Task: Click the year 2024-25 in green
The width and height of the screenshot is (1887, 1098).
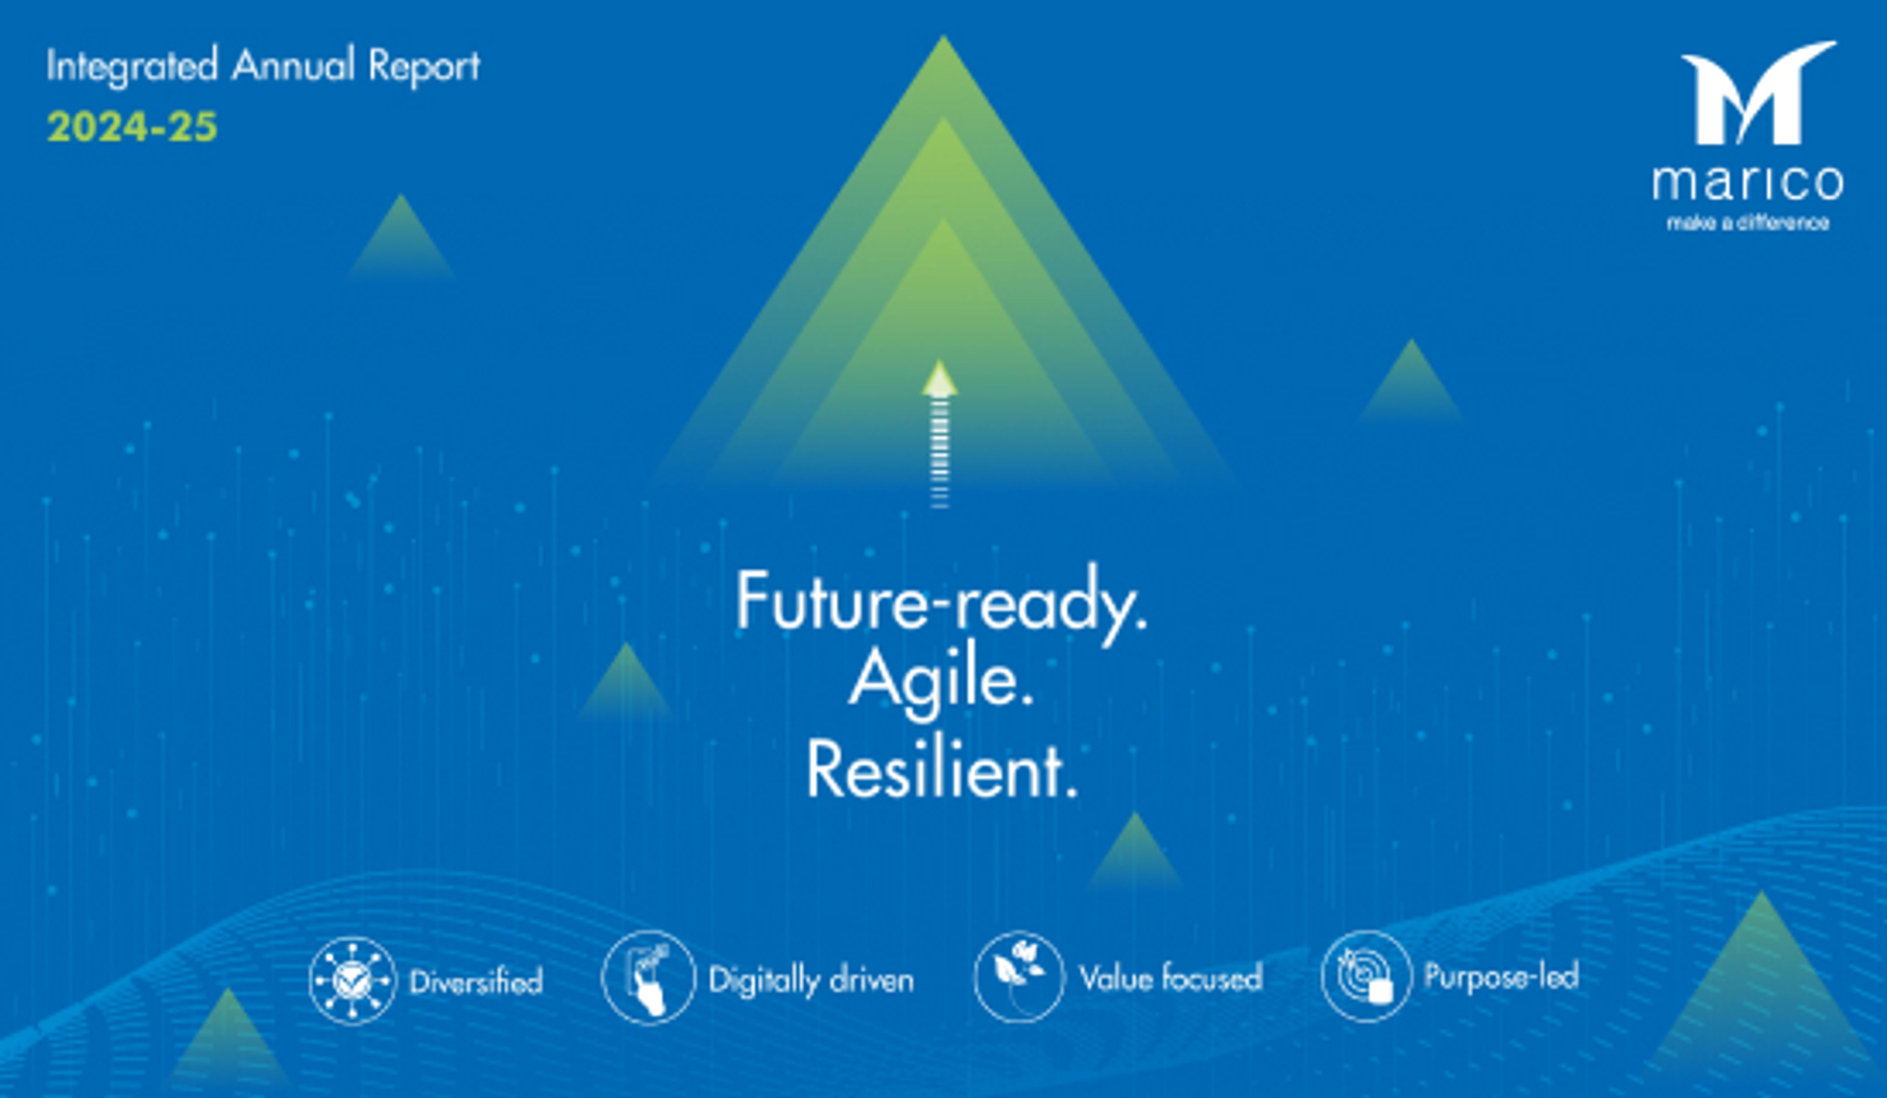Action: (132, 127)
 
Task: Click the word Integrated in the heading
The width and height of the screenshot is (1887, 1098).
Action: (132, 66)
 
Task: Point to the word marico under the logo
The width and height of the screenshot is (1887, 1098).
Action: (1748, 183)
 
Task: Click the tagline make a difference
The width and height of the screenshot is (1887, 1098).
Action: (1748, 223)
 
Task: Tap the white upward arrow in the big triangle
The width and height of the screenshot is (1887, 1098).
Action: (939, 434)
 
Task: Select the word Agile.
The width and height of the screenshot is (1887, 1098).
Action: (941, 683)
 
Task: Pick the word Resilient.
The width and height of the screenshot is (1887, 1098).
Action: (941, 771)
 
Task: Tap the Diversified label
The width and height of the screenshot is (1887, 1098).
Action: (476, 981)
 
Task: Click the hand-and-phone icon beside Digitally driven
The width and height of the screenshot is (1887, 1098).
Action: (649, 978)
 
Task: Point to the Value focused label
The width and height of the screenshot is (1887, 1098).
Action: (1171, 978)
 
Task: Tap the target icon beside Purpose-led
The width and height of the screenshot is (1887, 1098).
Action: (1367, 976)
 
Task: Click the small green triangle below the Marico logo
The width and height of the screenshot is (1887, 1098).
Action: (1411, 381)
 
